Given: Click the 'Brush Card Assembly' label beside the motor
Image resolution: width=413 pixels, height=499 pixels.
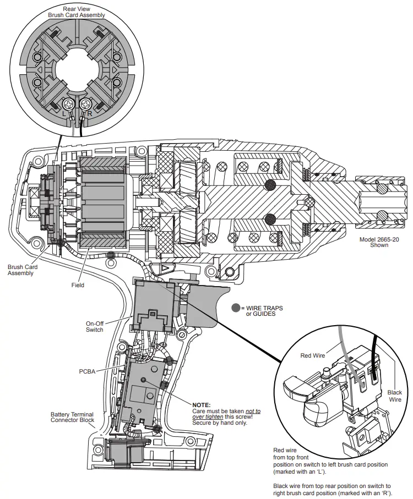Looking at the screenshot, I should point(20,270).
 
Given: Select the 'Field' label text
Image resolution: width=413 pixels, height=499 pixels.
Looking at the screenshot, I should point(78,286).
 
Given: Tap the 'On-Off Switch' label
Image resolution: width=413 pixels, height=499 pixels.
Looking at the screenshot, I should point(94,326).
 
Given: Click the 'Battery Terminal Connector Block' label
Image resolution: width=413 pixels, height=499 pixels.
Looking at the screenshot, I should point(72,417).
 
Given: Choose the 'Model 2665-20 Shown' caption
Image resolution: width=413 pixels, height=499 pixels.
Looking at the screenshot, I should point(379,242).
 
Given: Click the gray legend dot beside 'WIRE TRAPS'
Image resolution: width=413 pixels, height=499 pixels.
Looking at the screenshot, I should point(236,309).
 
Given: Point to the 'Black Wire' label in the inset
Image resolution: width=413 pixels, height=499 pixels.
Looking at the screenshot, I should point(394,396).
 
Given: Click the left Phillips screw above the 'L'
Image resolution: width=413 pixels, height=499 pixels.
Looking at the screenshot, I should point(70,103).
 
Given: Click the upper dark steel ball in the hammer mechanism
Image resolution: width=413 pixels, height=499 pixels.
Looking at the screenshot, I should point(270,185).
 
